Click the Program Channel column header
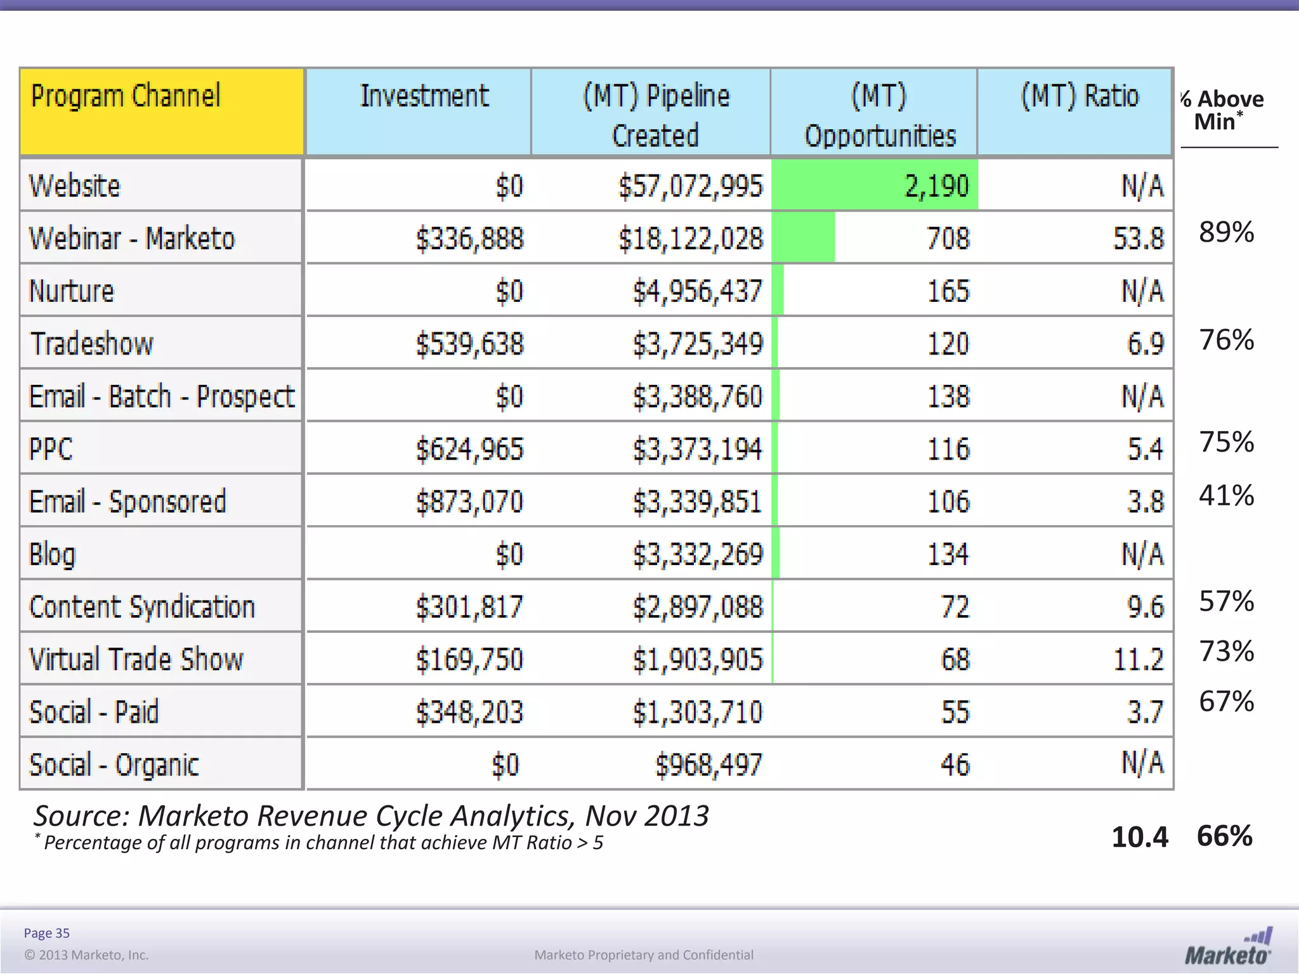126,96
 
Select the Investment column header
424,96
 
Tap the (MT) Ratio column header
1080,96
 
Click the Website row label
75,186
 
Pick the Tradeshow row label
92,344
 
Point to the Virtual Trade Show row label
136,659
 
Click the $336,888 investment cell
470,239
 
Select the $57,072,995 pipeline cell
691,186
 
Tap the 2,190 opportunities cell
937,186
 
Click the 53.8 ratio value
1139,239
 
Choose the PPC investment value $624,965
470,450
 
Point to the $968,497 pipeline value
708,765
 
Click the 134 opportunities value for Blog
948,555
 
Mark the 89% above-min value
1226,232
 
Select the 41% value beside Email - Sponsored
1226,495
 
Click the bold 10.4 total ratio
1140,837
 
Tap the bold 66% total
1224,836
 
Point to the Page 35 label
46,933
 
